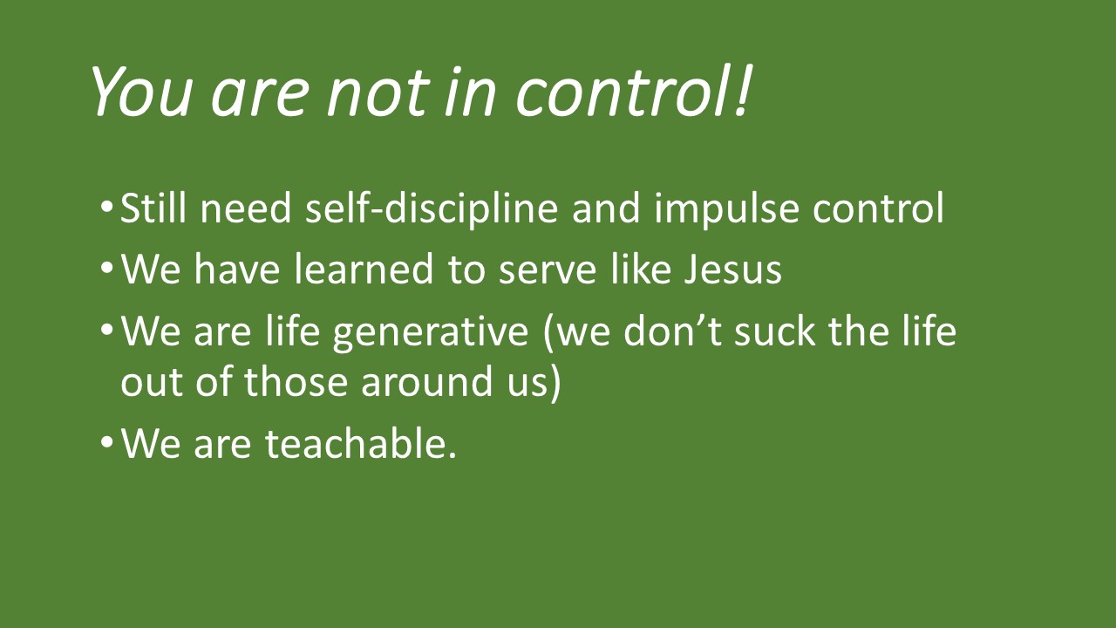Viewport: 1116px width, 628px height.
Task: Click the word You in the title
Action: (x=141, y=92)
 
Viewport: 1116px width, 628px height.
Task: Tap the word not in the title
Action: (x=378, y=93)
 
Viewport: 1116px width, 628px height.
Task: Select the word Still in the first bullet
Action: (x=153, y=208)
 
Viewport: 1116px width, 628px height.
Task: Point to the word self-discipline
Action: (x=432, y=208)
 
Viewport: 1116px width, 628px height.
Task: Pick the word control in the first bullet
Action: (x=878, y=208)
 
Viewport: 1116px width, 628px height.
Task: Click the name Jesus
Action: (x=732, y=270)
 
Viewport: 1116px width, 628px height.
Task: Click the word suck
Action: (x=775, y=331)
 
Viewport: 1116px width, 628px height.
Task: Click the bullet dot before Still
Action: (x=106, y=207)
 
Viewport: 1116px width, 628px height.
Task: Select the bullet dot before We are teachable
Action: (x=106, y=441)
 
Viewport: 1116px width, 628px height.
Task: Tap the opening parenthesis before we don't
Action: (x=548, y=332)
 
